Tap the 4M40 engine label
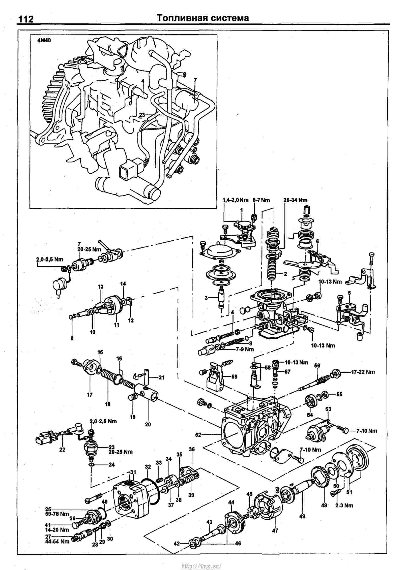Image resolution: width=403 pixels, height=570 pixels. (44, 41)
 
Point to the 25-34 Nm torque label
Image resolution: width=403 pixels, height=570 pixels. (295, 200)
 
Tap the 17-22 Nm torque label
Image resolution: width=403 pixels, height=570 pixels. (363, 372)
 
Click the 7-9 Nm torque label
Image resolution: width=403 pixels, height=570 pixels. (244, 349)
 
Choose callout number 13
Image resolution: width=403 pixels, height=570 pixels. (101, 287)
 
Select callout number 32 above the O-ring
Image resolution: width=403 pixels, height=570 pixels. (148, 466)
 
